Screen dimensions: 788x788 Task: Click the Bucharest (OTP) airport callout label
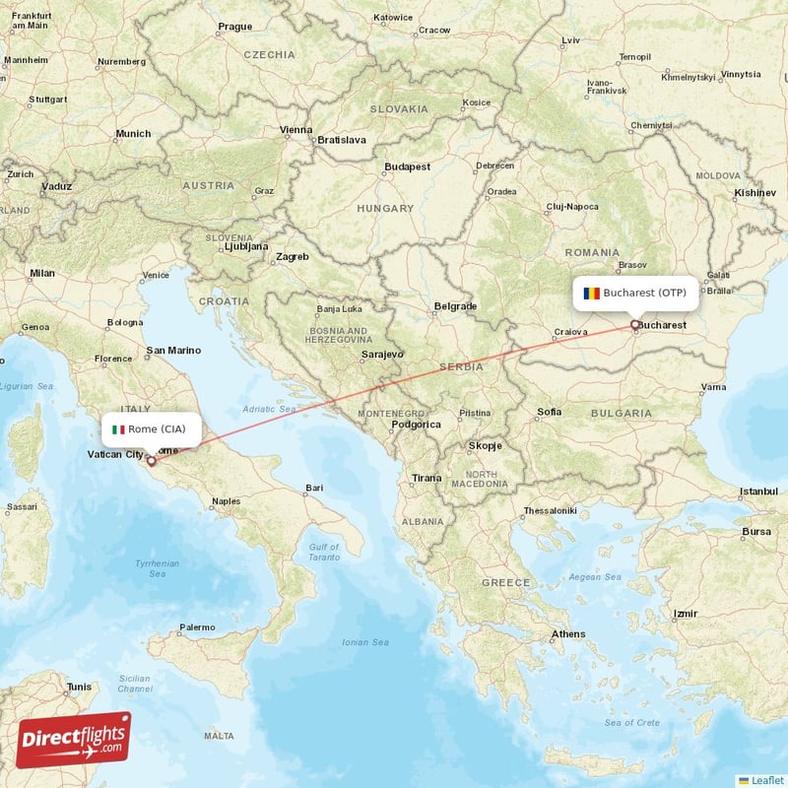(x=636, y=293)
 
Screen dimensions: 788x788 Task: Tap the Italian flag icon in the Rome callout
(x=118, y=429)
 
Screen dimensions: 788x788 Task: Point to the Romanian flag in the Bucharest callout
(x=591, y=293)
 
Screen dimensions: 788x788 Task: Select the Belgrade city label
(x=455, y=306)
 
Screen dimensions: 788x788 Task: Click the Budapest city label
(x=408, y=167)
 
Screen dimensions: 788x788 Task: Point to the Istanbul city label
(x=759, y=491)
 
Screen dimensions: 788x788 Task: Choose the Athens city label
(x=568, y=633)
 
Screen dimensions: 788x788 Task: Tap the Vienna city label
(x=295, y=130)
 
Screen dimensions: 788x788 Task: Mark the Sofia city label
(x=550, y=411)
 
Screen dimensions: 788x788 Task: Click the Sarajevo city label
(x=382, y=354)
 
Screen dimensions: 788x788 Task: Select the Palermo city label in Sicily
(x=197, y=626)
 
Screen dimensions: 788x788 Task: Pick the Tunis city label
(x=78, y=687)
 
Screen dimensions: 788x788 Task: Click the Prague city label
(x=234, y=27)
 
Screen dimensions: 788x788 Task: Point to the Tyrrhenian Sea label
(x=158, y=567)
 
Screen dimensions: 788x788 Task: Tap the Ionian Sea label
(x=365, y=642)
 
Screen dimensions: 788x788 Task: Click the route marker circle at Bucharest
(x=635, y=324)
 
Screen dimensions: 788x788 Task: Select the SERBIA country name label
(x=461, y=366)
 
